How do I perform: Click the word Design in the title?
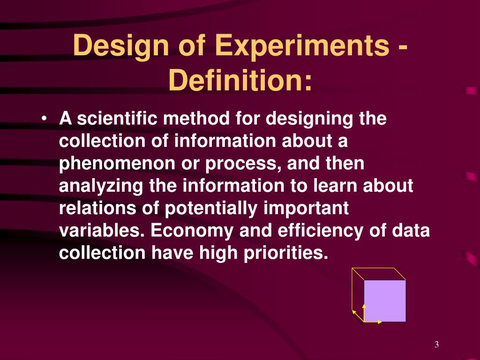click(121, 46)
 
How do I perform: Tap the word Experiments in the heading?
click(302, 46)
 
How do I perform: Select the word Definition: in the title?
click(240, 80)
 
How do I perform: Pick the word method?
click(196, 118)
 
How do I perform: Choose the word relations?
click(97, 208)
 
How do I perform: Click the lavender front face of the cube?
click(385, 301)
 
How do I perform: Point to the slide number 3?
click(436, 345)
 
